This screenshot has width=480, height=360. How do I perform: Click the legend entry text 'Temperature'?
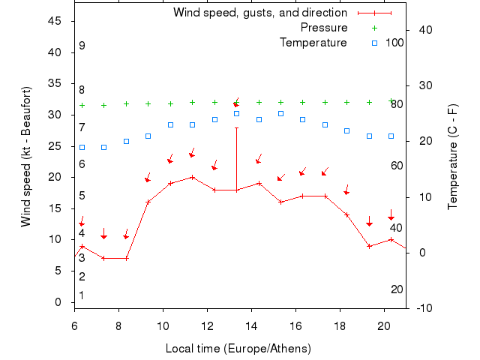click(313, 42)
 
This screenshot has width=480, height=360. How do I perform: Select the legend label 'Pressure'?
click(323, 28)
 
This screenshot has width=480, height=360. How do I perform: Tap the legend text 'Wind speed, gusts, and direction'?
click(259, 13)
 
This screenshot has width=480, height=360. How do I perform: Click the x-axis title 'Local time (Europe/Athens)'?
click(238, 349)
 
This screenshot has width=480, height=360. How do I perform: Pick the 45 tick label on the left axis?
click(55, 21)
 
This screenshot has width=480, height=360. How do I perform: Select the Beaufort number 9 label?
click(82, 46)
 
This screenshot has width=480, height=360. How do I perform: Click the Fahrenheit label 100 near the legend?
click(394, 42)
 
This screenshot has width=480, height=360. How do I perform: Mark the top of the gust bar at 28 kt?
click(236, 127)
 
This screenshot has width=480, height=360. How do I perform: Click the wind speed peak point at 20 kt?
click(193, 177)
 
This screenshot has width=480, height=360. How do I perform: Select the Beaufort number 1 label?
click(82, 295)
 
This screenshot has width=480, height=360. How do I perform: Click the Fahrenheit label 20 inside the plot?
click(397, 289)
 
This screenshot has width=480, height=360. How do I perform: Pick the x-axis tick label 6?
click(74, 325)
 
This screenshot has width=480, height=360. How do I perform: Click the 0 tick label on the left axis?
click(58, 302)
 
